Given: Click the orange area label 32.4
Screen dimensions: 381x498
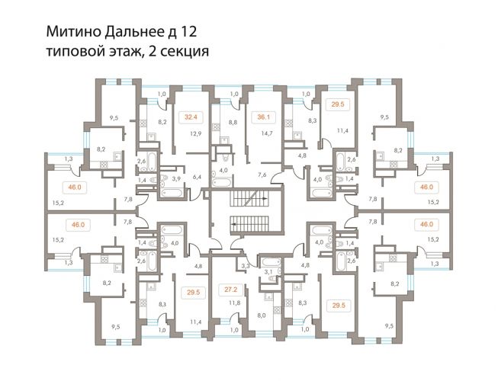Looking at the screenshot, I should (191, 117).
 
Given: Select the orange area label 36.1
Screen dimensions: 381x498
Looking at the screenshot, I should (264, 117).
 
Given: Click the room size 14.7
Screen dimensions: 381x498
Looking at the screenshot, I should (267, 134).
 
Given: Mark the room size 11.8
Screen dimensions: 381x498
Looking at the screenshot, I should (234, 303).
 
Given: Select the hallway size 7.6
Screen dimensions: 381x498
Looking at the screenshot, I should (262, 174).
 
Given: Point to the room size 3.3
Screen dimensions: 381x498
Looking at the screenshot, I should (246, 266).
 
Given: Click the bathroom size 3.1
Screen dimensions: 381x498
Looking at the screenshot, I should (268, 271).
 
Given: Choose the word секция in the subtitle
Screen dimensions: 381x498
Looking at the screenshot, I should (182, 51).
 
